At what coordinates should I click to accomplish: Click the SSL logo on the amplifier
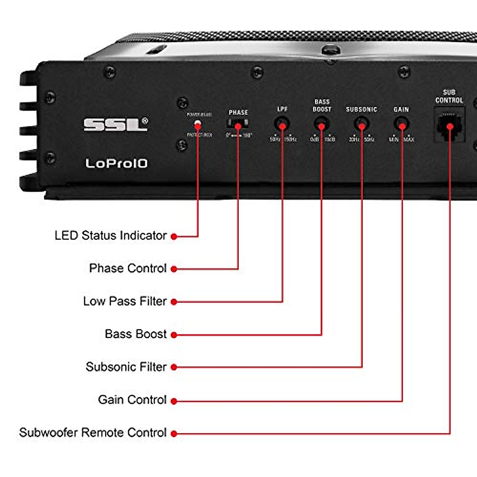pyautogui.click(x=115, y=124)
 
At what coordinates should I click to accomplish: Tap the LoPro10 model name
pyautogui.click(x=116, y=163)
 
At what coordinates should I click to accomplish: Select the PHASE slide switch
pyautogui.click(x=238, y=123)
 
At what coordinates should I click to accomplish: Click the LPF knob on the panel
pyautogui.click(x=282, y=124)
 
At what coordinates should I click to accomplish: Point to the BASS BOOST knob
pyautogui.click(x=321, y=124)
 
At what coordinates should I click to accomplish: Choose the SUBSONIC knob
pyautogui.click(x=361, y=124)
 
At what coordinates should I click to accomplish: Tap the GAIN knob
pyautogui.click(x=401, y=124)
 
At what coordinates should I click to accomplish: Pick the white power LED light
pyautogui.click(x=198, y=124)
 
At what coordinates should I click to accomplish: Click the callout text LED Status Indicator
pyautogui.click(x=111, y=235)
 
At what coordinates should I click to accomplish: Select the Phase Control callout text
pyautogui.click(x=128, y=268)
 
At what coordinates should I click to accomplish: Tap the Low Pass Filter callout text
pyautogui.click(x=125, y=301)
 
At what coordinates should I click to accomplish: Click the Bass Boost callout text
pyautogui.click(x=136, y=334)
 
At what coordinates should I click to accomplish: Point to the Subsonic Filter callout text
pyautogui.click(x=126, y=366)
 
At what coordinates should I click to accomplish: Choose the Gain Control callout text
pyautogui.click(x=132, y=399)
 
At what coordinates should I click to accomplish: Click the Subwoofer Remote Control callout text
pyautogui.click(x=93, y=432)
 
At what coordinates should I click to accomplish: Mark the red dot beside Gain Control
pyautogui.click(x=174, y=401)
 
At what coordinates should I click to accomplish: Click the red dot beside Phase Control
pyautogui.click(x=174, y=269)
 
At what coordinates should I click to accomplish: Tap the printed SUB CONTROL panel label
pyautogui.click(x=449, y=96)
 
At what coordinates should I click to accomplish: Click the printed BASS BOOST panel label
pyautogui.click(x=322, y=105)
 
